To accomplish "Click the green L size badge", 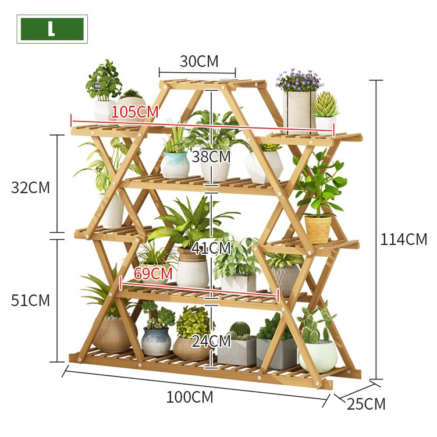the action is click(x=52, y=29).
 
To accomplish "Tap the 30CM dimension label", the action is click(x=198, y=61).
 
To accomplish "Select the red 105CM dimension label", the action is click(x=135, y=111).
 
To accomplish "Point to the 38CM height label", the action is click(x=211, y=157).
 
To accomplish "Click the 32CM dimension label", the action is click(x=30, y=187).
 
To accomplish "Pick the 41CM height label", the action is click(x=211, y=248).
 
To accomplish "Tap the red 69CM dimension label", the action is click(x=153, y=273).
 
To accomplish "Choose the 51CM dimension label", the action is click(x=30, y=300).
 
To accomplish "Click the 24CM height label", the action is click(x=211, y=341).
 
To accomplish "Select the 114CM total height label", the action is click(x=403, y=239).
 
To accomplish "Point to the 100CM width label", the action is click(x=190, y=397).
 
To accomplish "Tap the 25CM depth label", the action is click(x=366, y=404).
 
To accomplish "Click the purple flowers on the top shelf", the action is click(x=299, y=80).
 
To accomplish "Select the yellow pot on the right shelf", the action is click(x=318, y=229).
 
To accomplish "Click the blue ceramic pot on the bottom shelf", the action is click(x=156, y=341).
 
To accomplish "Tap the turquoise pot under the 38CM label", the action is click(x=175, y=165).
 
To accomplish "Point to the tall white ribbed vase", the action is click(x=297, y=111).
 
